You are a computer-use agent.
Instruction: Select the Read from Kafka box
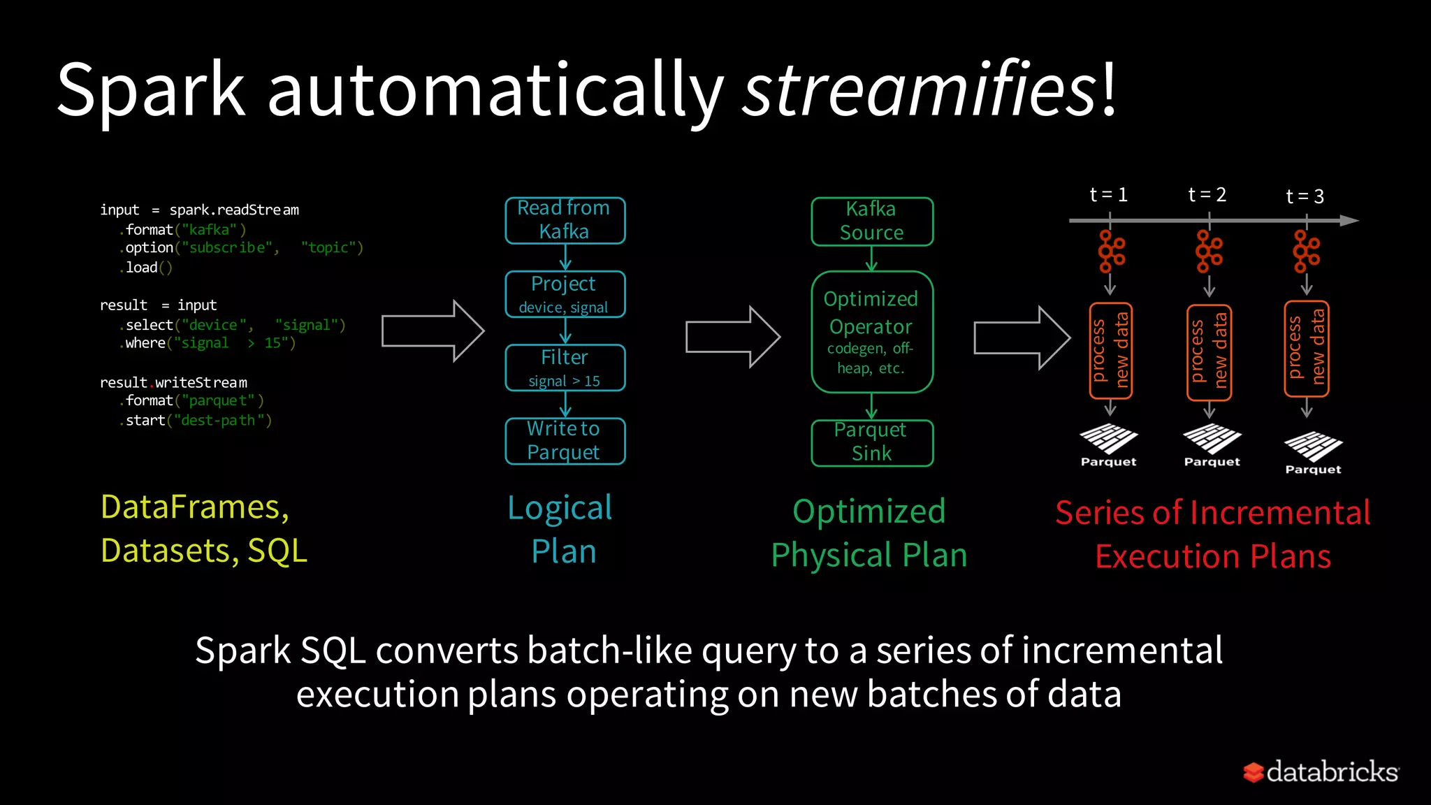[x=565, y=220]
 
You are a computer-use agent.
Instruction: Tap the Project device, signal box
[x=565, y=294]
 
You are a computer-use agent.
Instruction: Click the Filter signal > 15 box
[x=565, y=368]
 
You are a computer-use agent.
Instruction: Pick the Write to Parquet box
[x=565, y=441]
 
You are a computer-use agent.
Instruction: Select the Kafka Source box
[x=871, y=221]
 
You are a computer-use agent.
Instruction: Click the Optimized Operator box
[x=871, y=332]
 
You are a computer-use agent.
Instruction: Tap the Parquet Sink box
[x=871, y=442]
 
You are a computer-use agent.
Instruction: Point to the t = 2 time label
[x=1207, y=195]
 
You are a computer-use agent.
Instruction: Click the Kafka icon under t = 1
[x=1110, y=252]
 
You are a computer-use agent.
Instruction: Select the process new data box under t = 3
[x=1306, y=348]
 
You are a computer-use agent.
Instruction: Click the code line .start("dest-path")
[x=196, y=421]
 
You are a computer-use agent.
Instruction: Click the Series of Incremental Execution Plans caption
[x=1212, y=534]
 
